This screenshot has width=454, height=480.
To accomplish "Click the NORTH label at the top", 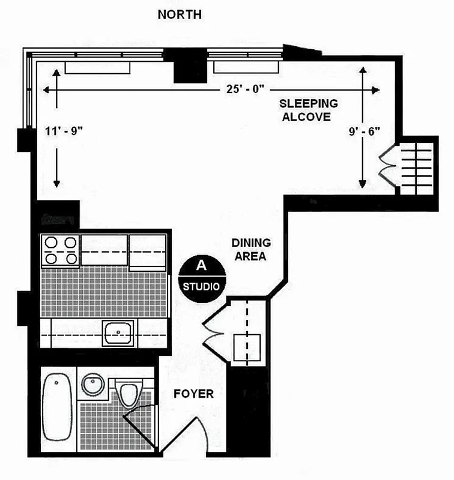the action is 180,14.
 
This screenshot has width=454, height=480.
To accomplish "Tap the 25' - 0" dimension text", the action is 246,89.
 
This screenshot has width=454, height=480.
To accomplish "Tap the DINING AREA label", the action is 252,250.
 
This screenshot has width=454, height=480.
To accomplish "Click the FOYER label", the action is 193,394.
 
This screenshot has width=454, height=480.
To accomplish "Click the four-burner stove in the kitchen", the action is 59,250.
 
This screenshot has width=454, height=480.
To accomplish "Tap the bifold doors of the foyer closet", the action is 214,331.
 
